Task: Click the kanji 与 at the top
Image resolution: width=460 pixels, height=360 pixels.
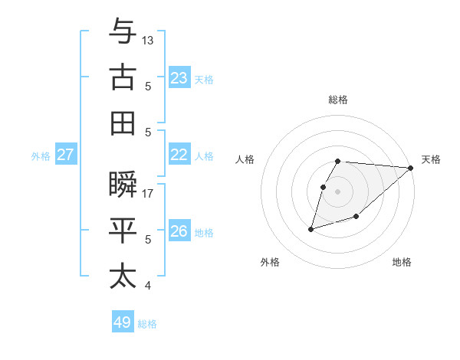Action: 123,32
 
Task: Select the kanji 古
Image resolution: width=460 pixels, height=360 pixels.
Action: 123,77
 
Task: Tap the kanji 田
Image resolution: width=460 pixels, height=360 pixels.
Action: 123,123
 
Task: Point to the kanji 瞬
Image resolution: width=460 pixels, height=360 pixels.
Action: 123,185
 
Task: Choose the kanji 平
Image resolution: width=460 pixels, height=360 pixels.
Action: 123,231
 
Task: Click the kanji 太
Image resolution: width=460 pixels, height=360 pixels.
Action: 123,276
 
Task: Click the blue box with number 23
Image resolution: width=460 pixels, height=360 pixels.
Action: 179,78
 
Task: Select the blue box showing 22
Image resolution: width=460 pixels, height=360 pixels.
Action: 179,155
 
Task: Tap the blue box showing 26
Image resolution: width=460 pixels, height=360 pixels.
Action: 179,231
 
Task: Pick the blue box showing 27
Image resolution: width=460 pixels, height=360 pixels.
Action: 66,155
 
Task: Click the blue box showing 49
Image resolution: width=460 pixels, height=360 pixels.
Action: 123,322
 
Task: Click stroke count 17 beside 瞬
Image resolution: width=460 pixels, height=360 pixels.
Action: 148,194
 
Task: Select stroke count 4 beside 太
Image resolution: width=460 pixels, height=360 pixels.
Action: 148,286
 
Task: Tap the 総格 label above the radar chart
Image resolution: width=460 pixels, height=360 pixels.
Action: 338,100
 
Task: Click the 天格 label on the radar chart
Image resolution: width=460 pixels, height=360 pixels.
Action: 431,159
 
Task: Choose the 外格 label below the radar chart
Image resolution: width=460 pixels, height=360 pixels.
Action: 270,262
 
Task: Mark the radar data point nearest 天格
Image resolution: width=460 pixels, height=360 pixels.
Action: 410,168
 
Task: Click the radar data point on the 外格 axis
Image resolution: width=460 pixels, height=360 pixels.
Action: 310,228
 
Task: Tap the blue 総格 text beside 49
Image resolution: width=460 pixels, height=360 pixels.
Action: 147,324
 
